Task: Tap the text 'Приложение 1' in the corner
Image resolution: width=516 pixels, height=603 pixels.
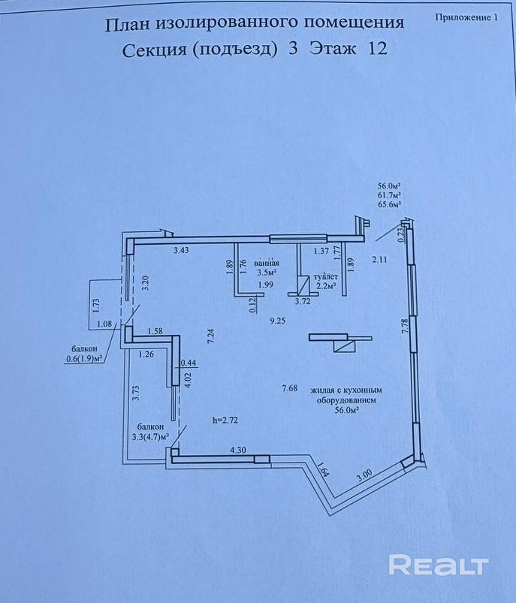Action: coord(466,17)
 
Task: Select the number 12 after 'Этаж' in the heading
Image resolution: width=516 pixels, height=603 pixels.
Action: coord(378,50)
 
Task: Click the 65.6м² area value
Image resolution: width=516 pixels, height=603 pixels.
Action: coord(389,204)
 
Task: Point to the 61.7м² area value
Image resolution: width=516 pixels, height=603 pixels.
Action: coord(389,194)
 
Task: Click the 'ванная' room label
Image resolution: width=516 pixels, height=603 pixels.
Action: coord(267,264)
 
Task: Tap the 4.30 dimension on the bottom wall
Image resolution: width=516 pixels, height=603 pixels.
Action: coord(238,450)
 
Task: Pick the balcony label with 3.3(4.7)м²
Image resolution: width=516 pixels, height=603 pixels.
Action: coord(147,430)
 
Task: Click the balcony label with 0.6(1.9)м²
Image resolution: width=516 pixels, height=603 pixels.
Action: coord(84,354)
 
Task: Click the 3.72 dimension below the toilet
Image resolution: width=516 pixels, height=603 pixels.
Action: coord(303,301)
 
